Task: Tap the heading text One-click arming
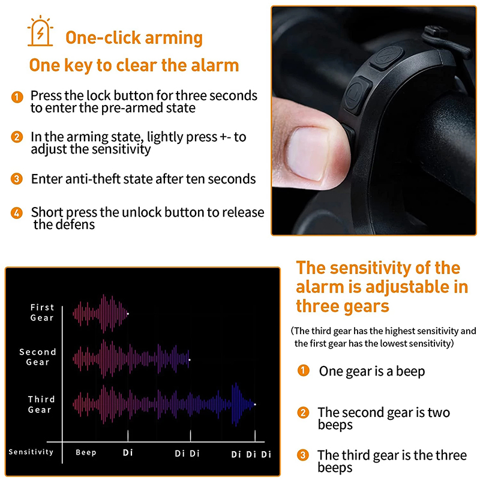click(134, 38)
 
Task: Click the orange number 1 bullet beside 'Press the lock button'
click(17, 97)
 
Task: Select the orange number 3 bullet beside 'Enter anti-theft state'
click(17, 179)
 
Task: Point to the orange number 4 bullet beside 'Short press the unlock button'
click(17, 213)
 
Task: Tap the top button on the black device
click(387, 58)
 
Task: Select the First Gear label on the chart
click(42, 312)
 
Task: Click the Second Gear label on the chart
click(38, 357)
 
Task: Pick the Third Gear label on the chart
click(41, 404)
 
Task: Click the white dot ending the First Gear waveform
click(128, 314)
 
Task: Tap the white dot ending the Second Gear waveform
click(190, 359)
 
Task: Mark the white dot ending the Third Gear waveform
click(255, 404)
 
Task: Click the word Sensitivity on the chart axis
click(31, 452)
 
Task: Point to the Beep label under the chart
click(86, 452)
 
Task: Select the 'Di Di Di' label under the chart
click(251, 454)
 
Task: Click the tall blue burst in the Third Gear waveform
click(236, 404)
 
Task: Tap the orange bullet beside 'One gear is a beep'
click(304, 370)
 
